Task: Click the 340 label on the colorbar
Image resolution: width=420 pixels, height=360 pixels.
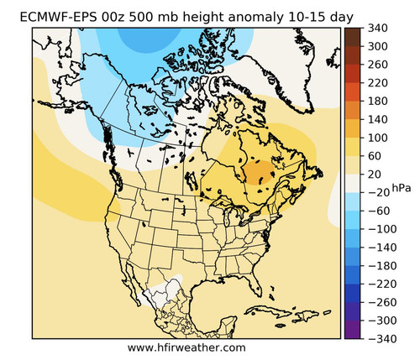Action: (x=378, y=29)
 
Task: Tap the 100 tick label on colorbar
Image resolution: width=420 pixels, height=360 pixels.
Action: (x=378, y=138)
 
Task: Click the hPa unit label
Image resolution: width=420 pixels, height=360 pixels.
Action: (x=402, y=188)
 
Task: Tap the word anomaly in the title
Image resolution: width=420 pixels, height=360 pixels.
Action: (x=256, y=18)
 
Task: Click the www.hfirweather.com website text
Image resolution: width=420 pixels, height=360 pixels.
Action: (x=186, y=348)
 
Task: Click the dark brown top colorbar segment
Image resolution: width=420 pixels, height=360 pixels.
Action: (x=353, y=37)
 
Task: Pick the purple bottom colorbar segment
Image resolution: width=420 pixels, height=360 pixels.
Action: (x=353, y=330)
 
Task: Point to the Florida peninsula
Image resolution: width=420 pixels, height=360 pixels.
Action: (x=256, y=284)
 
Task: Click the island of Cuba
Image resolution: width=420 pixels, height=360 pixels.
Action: (x=268, y=311)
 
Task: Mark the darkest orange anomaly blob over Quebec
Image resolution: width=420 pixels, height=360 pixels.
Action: (x=259, y=172)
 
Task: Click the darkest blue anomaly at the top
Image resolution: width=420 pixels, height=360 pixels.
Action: (x=150, y=39)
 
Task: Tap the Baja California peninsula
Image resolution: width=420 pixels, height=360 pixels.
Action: (x=132, y=283)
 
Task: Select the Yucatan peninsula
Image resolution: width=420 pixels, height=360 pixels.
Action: (x=228, y=325)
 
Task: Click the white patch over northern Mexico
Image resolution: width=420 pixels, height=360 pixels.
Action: (x=165, y=291)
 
